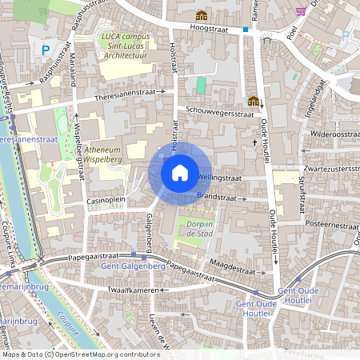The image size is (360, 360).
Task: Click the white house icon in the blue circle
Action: tap(180, 173)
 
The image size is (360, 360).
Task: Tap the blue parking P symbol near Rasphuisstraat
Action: tap(43, 50)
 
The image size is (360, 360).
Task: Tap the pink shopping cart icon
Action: tap(301, 11)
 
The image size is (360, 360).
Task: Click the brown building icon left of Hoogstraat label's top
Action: tap(201, 15)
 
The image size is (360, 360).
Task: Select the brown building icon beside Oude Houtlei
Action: tap(254, 101)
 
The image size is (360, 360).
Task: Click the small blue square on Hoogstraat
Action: tap(246, 30)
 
